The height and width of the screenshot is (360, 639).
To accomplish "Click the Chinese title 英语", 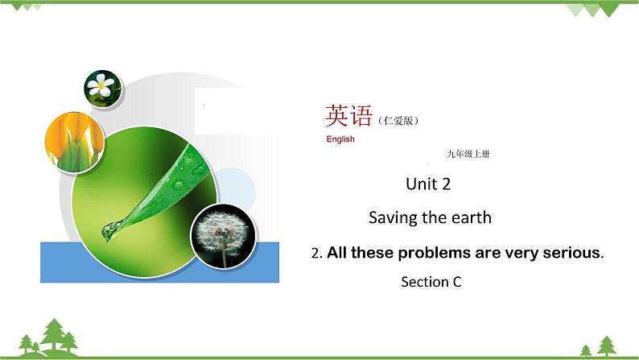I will point(348,117).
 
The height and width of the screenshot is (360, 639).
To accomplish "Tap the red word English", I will point(340,139).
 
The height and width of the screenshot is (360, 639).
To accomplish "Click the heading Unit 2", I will point(427,184).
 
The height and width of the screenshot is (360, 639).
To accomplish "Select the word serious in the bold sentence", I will point(572,253).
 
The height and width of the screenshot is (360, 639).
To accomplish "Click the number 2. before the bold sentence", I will point(316,254).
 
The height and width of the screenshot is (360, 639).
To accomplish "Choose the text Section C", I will point(431,282).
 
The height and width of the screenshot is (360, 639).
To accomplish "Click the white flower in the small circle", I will point(101,87).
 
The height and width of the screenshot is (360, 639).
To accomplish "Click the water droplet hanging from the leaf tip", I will point(108,233).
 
